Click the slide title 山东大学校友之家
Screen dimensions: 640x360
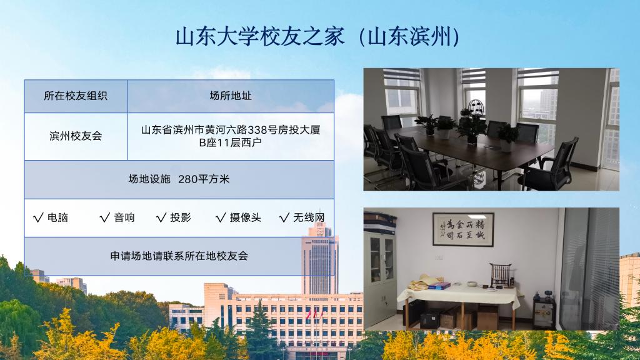point(260,37)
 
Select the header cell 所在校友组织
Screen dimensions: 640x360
point(76,96)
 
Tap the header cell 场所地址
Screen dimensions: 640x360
point(231,96)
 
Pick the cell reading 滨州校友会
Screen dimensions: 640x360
point(76,136)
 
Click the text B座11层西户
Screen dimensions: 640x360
point(230,143)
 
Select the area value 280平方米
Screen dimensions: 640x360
point(204,179)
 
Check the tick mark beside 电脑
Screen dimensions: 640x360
point(38,217)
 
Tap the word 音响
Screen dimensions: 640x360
point(124,217)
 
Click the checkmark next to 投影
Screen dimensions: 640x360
point(161,217)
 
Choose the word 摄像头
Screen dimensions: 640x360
point(245,217)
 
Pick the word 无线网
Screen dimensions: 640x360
point(309,217)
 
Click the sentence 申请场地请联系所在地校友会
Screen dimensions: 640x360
point(179,256)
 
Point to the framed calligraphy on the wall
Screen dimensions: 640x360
point(463,229)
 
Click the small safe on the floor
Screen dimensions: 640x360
point(544,311)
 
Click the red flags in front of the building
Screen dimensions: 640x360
point(314,314)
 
